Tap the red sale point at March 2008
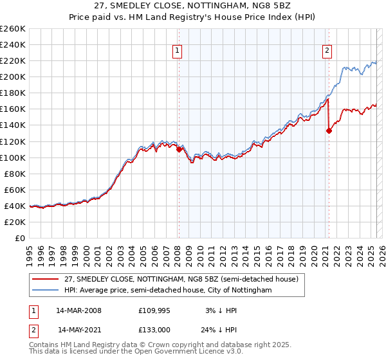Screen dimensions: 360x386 pyautogui.click(x=179, y=149)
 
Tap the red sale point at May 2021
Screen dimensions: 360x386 pyautogui.click(x=329, y=130)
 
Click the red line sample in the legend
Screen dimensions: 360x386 pyautogui.click(x=45, y=280)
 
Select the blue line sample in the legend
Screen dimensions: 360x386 pyautogui.click(x=45, y=291)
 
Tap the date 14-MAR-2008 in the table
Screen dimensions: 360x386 pyautogui.click(x=78, y=310)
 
